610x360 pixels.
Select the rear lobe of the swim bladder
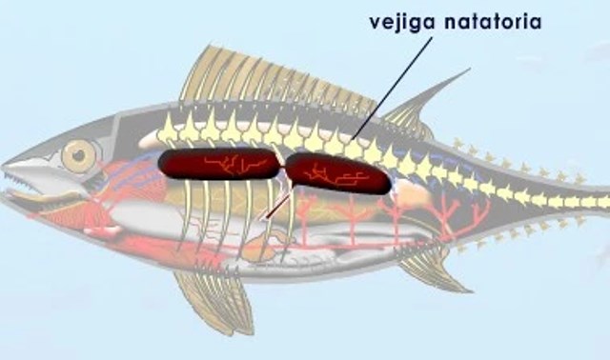click(x=338, y=174)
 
